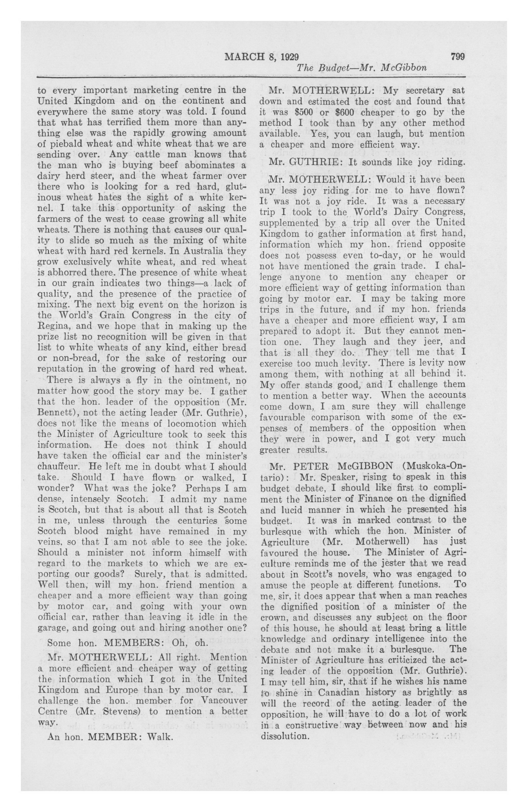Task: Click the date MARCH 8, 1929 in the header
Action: (261, 57)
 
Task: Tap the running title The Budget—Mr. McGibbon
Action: (362, 68)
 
